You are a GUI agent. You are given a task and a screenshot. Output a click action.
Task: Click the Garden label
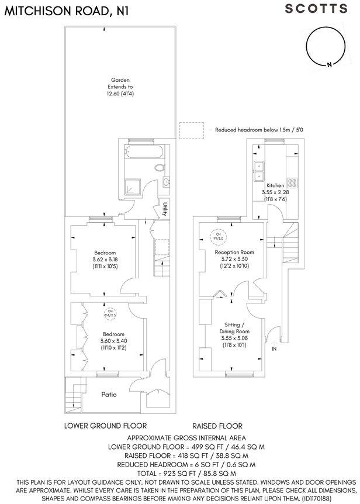pyautogui.click(x=120, y=80)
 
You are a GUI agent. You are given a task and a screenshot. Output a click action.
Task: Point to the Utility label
pyautogui.click(x=166, y=209)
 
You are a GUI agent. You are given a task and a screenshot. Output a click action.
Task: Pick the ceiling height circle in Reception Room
pyautogui.click(x=217, y=237)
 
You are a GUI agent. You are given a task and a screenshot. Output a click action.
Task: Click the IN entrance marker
pyautogui.click(x=275, y=349)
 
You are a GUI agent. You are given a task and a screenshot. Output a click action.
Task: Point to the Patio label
pyautogui.click(x=108, y=395)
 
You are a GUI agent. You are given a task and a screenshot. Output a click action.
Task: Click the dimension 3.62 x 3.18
pyautogui.click(x=105, y=260)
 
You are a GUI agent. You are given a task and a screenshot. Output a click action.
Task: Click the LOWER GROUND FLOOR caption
pyautogui.click(x=105, y=426)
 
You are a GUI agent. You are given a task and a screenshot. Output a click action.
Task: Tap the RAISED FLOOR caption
pyautogui.click(x=217, y=426)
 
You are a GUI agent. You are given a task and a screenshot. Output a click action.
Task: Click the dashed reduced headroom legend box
pyautogui.click(x=192, y=130)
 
